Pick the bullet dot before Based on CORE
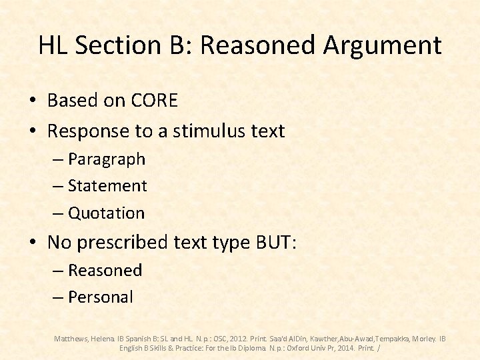(32, 101)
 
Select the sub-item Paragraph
(106, 159)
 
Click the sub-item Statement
(107, 186)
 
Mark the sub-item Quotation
(106, 213)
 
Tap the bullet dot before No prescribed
(32, 243)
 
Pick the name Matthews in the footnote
(71, 339)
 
